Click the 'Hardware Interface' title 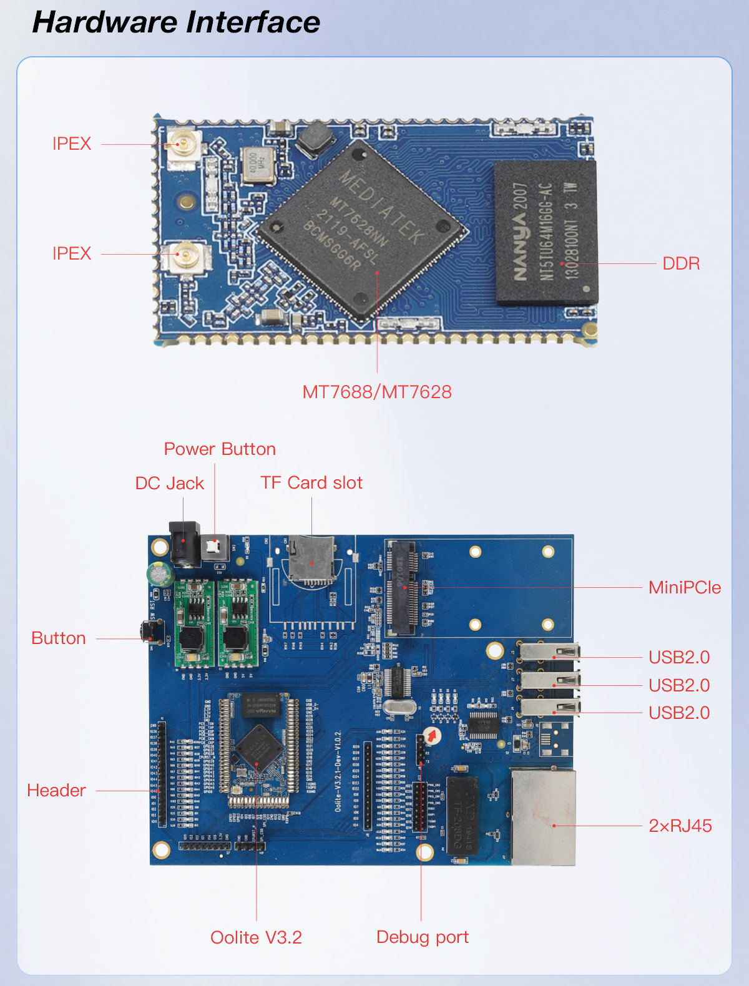tap(176, 22)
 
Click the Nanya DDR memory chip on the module tap(546, 232)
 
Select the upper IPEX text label tap(72, 144)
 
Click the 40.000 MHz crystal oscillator tap(258, 165)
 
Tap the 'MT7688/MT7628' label tap(377, 392)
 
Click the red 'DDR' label tap(681, 263)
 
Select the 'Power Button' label tap(220, 449)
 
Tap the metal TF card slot tap(311, 560)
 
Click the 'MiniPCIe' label tap(685, 587)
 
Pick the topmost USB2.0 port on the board tap(550, 653)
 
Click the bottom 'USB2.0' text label tap(679, 713)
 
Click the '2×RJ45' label tap(680, 826)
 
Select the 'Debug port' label tap(423, 937)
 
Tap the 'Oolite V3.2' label tap(256, 937)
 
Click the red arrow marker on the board tap(431, 735)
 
